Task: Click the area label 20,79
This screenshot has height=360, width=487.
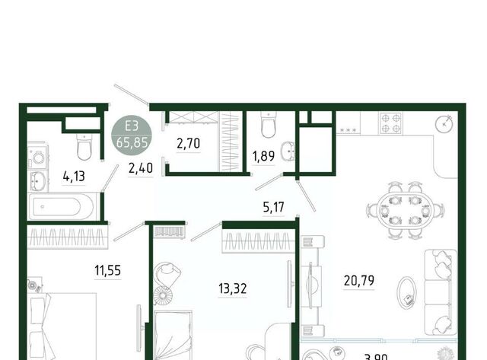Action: coord(358,281)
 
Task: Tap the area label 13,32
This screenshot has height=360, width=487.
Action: coord(233,288)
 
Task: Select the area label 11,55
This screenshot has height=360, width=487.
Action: coord(107,270)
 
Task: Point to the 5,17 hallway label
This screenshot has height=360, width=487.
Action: coord(273,207)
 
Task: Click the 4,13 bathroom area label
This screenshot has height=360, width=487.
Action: coord(74,177)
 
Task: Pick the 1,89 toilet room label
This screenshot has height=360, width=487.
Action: coord(263,156)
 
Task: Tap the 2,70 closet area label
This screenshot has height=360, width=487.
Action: coord(188,143)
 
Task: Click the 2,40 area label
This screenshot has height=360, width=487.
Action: coord(141,168)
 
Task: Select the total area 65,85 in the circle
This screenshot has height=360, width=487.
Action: coord(132,142)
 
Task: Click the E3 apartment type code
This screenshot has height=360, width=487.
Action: coord(132,126)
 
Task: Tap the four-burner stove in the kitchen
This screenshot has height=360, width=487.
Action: coord(390,123)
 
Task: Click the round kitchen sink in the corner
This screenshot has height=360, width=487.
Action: coord(444,123)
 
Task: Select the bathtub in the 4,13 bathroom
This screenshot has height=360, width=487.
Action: coord(61,206)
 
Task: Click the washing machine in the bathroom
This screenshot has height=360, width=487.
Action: coord(37,158)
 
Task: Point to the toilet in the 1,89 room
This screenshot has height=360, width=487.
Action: coord(269,125)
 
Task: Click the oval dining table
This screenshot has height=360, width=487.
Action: coord(405,210)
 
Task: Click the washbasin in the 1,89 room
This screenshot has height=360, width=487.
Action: coord(288,151)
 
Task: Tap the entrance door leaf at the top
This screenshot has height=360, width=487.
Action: coord(132,94)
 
